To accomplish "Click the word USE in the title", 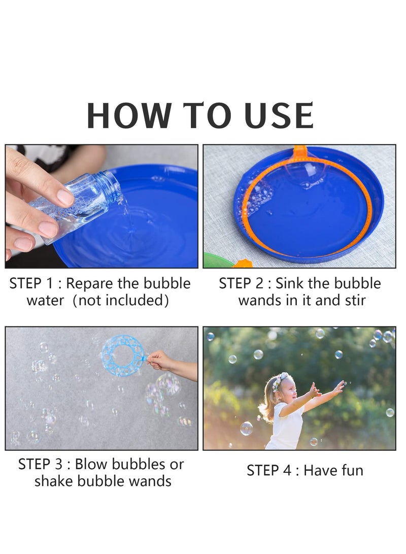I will coord(280,116).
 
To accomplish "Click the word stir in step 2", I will coord(354,300).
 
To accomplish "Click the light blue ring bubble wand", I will coord(122,355).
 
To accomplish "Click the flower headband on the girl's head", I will coord(281,380).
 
